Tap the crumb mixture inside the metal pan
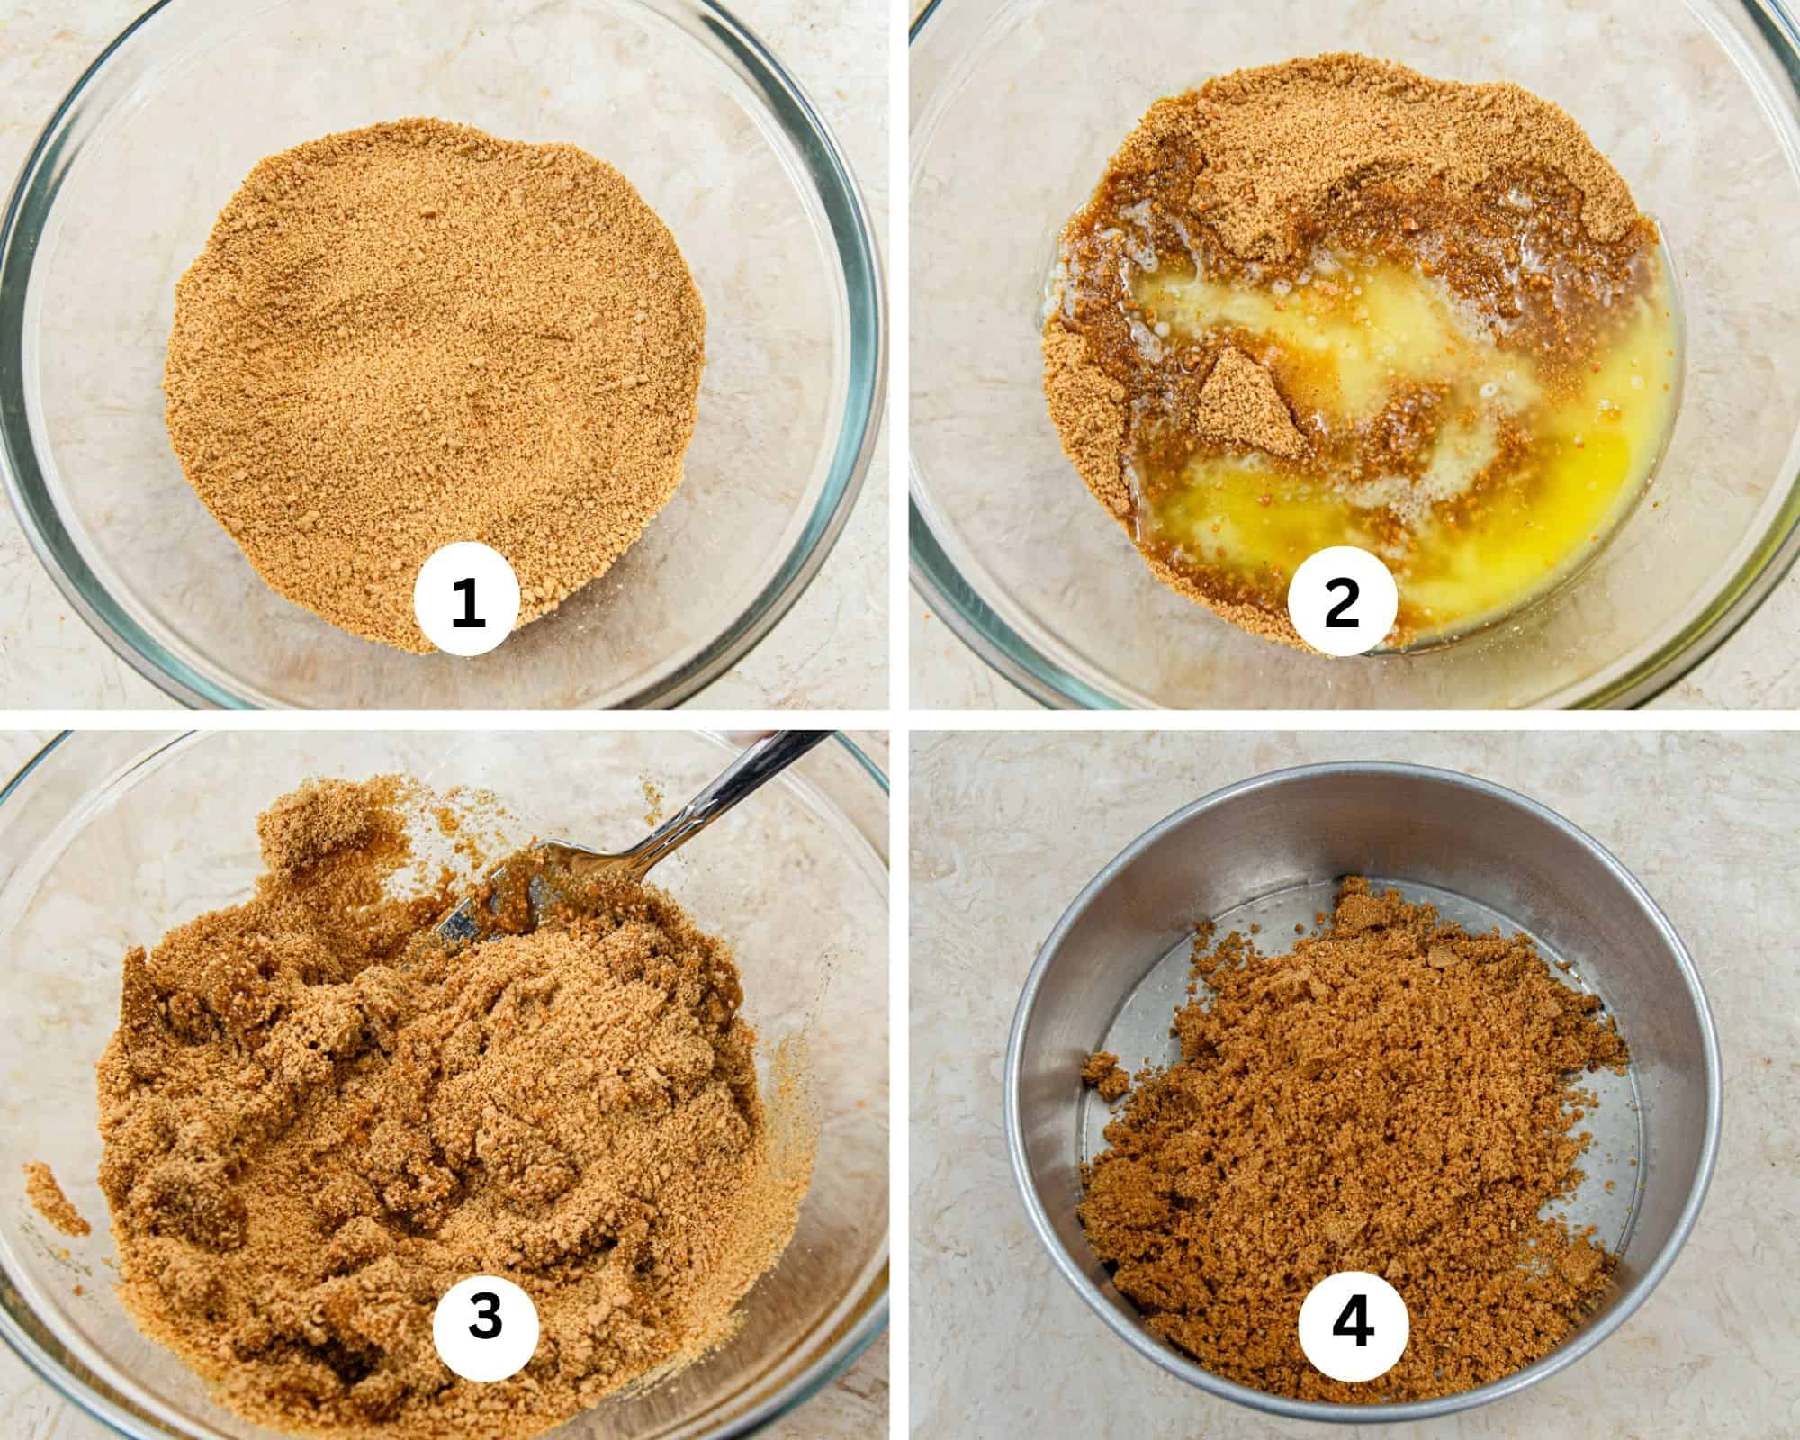tap(1350, 1080)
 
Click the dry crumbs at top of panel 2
tap(1305, 126)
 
